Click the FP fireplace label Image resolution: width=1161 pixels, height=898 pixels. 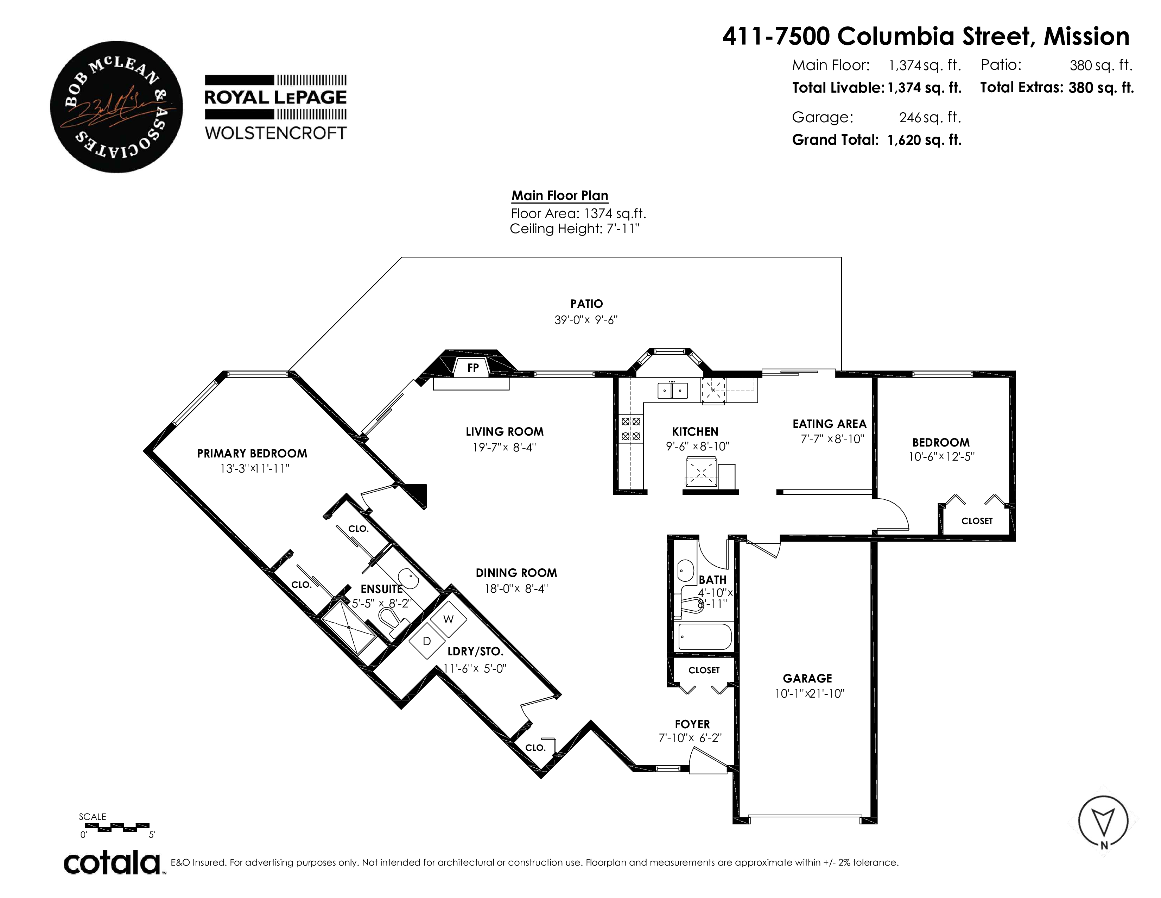pos(472,368)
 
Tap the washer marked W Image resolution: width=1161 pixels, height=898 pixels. pos(449,619)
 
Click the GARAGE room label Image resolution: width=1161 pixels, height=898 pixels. pos(807,678)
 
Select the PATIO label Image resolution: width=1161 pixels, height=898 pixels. pos(586,304)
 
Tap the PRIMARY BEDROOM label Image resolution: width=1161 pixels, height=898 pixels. pos(252,453)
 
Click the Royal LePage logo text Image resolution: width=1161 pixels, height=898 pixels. pos(275,97)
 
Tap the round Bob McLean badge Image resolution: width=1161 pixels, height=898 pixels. pos(116,107)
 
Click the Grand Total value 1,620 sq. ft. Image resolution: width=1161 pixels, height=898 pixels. pos(925,140)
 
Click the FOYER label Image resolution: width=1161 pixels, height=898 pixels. pos(692,724)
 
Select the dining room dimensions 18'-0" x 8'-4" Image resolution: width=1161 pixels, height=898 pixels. pos(516,588)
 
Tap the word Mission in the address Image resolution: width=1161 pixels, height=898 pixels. pos(1086,36)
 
